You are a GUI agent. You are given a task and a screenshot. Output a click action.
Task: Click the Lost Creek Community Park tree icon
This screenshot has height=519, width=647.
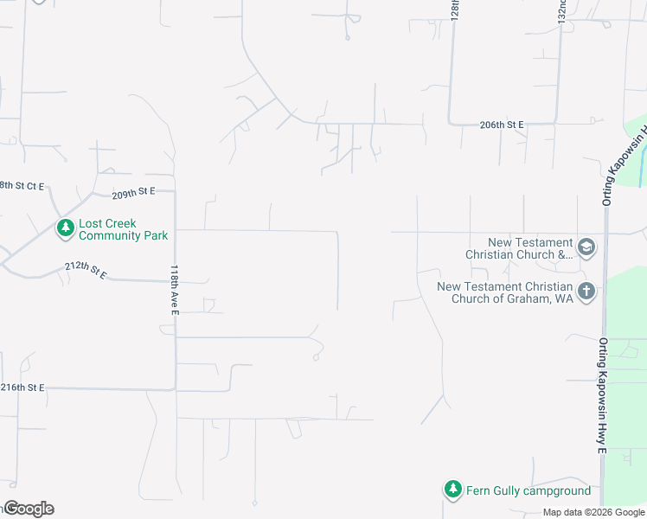pos(65,228)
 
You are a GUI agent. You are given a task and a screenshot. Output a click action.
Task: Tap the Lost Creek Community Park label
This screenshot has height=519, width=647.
pos(123,229)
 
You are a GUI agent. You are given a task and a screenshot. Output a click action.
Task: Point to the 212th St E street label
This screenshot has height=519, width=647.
pos(86,271)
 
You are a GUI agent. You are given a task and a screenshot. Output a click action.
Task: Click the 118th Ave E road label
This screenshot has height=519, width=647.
pos(174,289)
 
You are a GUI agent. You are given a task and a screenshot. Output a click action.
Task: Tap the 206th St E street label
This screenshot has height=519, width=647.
pos(503,125)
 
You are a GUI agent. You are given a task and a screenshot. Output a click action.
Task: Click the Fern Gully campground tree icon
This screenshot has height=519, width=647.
pos(452,490)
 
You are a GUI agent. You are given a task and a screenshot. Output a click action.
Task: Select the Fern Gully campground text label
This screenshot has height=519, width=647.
pos(528,490)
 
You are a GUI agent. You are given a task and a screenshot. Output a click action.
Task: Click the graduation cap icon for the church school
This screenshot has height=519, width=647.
pos(586,248)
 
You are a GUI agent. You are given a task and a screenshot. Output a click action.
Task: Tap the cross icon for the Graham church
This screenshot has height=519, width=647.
pos(586,292)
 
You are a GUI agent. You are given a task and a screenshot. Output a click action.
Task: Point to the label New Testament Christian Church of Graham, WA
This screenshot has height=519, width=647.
pos(505,292)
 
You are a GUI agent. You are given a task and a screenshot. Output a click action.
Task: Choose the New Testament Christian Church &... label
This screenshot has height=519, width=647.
pos(519,249)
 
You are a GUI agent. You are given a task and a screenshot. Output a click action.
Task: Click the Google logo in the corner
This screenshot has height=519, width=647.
pos(29,509)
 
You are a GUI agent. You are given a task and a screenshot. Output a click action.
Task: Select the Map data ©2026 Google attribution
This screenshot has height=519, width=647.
pos(594,512)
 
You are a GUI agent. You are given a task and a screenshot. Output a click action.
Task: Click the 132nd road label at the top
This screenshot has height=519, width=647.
pos(561,11)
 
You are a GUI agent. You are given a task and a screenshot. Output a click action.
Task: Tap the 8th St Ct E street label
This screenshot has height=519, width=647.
pos(22,186)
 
